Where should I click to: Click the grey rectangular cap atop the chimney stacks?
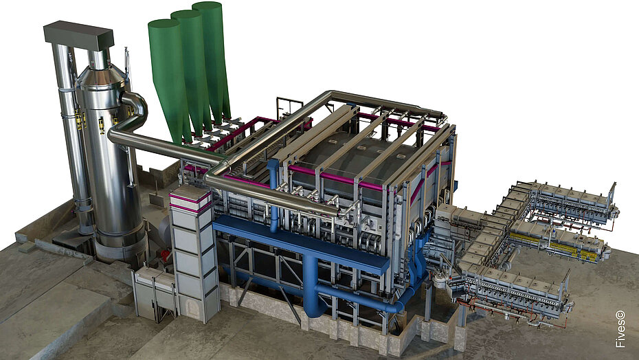[78, 34]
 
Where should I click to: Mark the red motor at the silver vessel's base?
[165, 256]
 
